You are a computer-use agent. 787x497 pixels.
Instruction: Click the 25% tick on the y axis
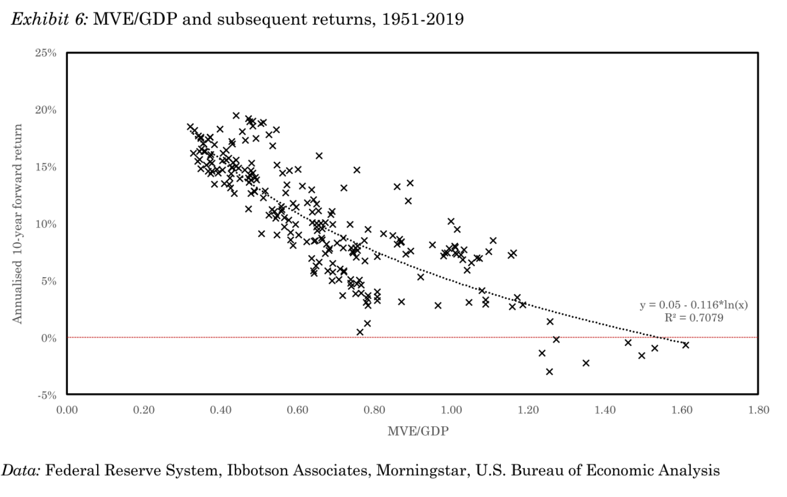(x=46, y=53)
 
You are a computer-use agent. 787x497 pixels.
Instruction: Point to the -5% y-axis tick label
(x=46, y=395)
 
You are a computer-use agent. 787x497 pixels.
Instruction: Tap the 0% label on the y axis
(x=49, y=338)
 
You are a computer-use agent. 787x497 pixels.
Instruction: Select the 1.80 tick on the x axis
(x=758, y=410)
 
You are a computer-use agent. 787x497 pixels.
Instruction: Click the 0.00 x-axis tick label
(x=67, y=410)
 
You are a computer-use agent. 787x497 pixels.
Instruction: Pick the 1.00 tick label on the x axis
(x=451, y=410)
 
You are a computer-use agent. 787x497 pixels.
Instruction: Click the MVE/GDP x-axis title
(x=418, y=431)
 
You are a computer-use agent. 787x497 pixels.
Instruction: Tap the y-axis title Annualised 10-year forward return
(x=17, y=224)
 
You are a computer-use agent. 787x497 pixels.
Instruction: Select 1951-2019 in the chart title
(x=423, y=19)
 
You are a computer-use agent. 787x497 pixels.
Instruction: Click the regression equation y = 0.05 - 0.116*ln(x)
(x=694, y=305)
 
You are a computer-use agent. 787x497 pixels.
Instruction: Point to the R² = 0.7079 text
(x=694, y=318)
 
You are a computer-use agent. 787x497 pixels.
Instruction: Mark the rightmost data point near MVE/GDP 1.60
(x=686, y=345)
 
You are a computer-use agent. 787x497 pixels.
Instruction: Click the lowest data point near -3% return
(x=549, y=372)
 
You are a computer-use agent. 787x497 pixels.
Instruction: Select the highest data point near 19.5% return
(x=236, y=115)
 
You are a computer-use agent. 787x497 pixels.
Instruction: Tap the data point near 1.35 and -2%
(x=586, y=363)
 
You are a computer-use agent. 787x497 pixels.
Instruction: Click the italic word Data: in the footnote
(x=21, y=470)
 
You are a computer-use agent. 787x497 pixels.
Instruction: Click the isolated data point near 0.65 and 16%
(x=319, y=156)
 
